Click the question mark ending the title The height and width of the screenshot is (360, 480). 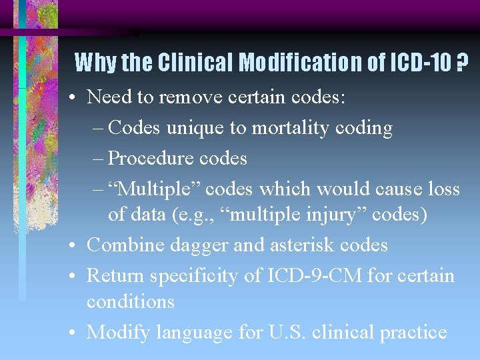[x=461, y=63]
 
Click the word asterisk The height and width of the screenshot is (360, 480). [x=301, y=245]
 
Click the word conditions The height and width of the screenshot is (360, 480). [x=130, y=301]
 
